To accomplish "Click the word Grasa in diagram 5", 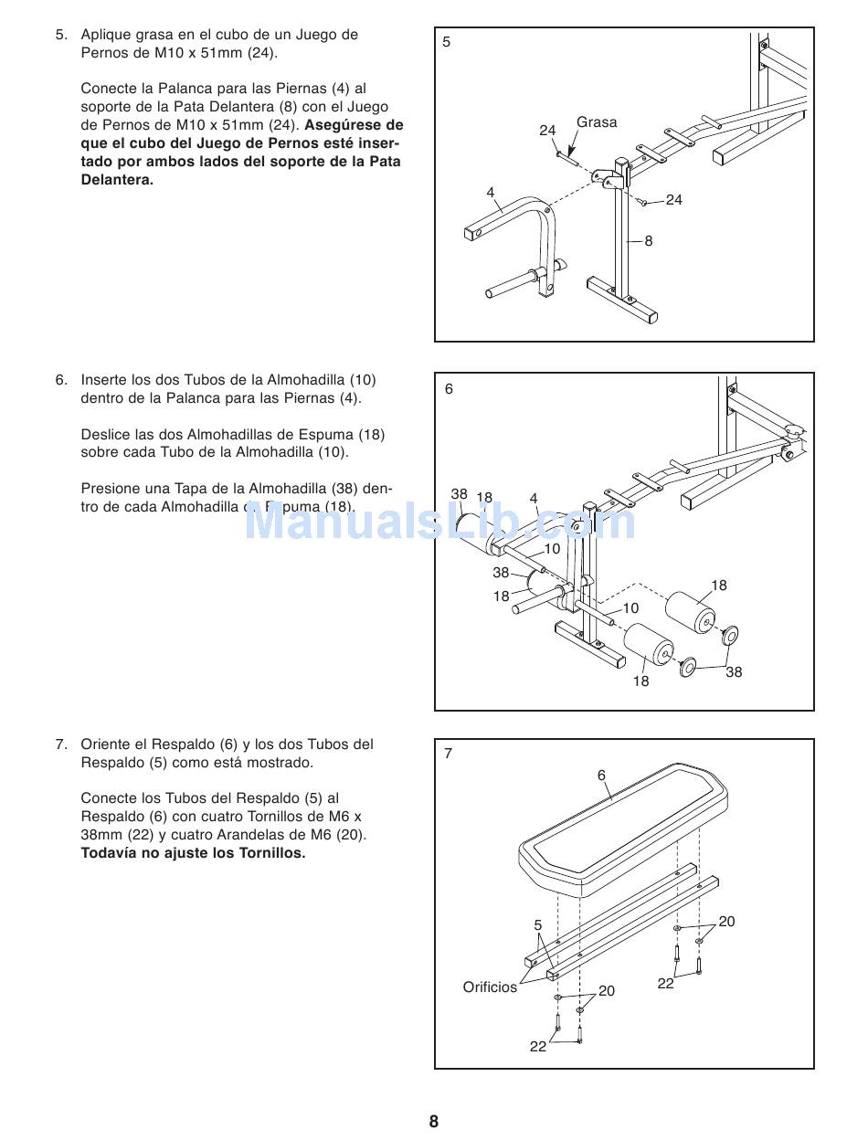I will (597, 122).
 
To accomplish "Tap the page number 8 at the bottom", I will (434, 1122).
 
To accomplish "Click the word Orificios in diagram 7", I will (490, 987).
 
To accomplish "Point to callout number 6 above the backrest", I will (601, 776).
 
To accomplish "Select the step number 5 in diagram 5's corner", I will (447, 42).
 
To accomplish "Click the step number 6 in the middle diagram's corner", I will (449, 389).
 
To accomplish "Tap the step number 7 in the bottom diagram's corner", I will (449, 755).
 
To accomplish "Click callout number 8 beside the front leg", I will (649, 241).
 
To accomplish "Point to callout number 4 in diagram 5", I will (491, 193).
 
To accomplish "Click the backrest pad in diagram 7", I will (621, 827).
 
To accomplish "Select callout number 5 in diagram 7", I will (538, 925).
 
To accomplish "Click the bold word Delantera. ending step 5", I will (117, 180).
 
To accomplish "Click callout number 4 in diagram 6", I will (534, 499).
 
